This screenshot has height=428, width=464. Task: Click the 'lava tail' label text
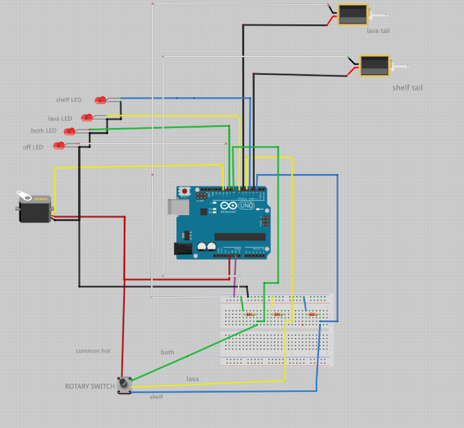point(378,31)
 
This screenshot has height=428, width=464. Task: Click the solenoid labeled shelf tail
point(375,66)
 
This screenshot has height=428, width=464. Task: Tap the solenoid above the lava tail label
point(353,15)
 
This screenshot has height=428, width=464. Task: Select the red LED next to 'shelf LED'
point(100,100)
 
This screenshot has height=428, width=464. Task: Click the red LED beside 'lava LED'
point(86,118)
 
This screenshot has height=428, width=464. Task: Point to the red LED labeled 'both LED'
point(69,132)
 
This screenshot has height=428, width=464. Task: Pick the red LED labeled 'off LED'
point(59,145)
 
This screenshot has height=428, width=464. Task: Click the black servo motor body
point(35,212)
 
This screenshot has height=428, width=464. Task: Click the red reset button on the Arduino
point(184,191)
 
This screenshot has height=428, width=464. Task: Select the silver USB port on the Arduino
point(178,206)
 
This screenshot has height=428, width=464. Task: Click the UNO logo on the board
point(246,205)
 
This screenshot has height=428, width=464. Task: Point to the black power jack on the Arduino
point(183,248)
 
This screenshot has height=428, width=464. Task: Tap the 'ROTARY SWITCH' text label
point(90,386)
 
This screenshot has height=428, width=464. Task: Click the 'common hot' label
point(93,351)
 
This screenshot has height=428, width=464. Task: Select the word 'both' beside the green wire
point(167,352)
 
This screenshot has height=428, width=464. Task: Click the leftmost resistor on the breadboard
point(250,314)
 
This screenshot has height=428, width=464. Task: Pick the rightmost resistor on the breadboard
point(313,314)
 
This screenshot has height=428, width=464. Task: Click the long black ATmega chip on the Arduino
point(240,237)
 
